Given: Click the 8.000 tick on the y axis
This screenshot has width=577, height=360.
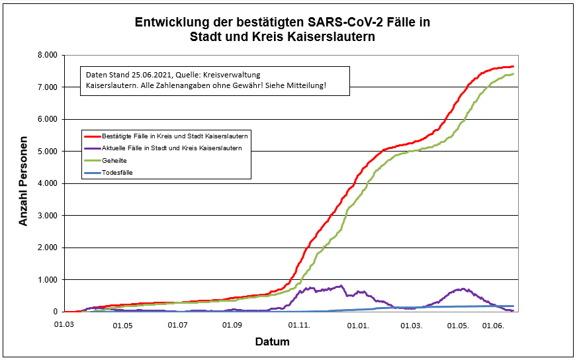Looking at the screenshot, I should coord(48,55).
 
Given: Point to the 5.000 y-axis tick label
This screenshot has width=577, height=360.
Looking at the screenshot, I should coord(48,152).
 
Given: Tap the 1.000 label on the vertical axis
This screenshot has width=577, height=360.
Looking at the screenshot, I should coord(48,280).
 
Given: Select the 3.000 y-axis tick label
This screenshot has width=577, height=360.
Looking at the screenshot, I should coord(48,216).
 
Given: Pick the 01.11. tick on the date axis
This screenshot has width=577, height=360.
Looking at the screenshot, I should coord(300,326).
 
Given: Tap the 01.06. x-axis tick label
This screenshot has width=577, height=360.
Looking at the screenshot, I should coord(494,326).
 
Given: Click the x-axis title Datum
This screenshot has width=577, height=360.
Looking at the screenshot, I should coord(272,342).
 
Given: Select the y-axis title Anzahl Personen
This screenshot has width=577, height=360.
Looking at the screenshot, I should coord(24,182).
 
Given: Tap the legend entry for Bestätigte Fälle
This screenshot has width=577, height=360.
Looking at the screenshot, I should coord(169,136).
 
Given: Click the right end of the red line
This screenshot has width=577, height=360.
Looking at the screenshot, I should coord(513,67).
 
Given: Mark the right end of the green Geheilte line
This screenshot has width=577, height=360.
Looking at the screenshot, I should coord(513,74).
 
